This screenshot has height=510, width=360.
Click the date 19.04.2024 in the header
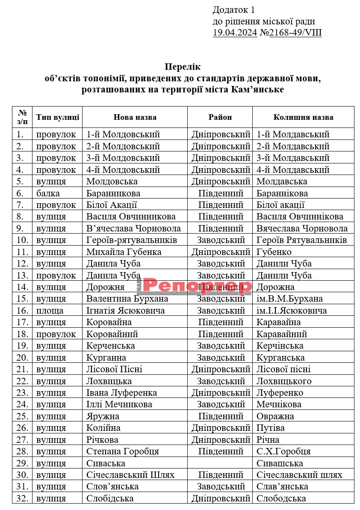(x=235, y=33)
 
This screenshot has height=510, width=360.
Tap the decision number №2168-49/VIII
(x=290, y=33)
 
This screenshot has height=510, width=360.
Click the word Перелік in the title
(x=183, y=67)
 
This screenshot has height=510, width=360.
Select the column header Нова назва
(x=135, y=117)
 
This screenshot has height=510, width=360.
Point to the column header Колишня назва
(x=303, y=117)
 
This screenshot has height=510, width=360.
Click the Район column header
(x=220, y=117)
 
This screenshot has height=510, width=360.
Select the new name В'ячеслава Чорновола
(x=133, y=228)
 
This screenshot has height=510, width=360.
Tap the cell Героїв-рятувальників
(x=132, y=240)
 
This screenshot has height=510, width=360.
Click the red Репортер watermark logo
(x=197, y=286)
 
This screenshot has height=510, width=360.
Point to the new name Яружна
(x=103, y=416)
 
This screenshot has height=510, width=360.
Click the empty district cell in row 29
(x=220, y=463)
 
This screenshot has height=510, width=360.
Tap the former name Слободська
(x=281, y=498)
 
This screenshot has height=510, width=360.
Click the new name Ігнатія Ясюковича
(x=125, y=311)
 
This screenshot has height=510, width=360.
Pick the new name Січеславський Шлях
(x=130, y=474)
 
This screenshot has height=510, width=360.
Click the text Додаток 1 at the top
(x=234, y=10)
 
